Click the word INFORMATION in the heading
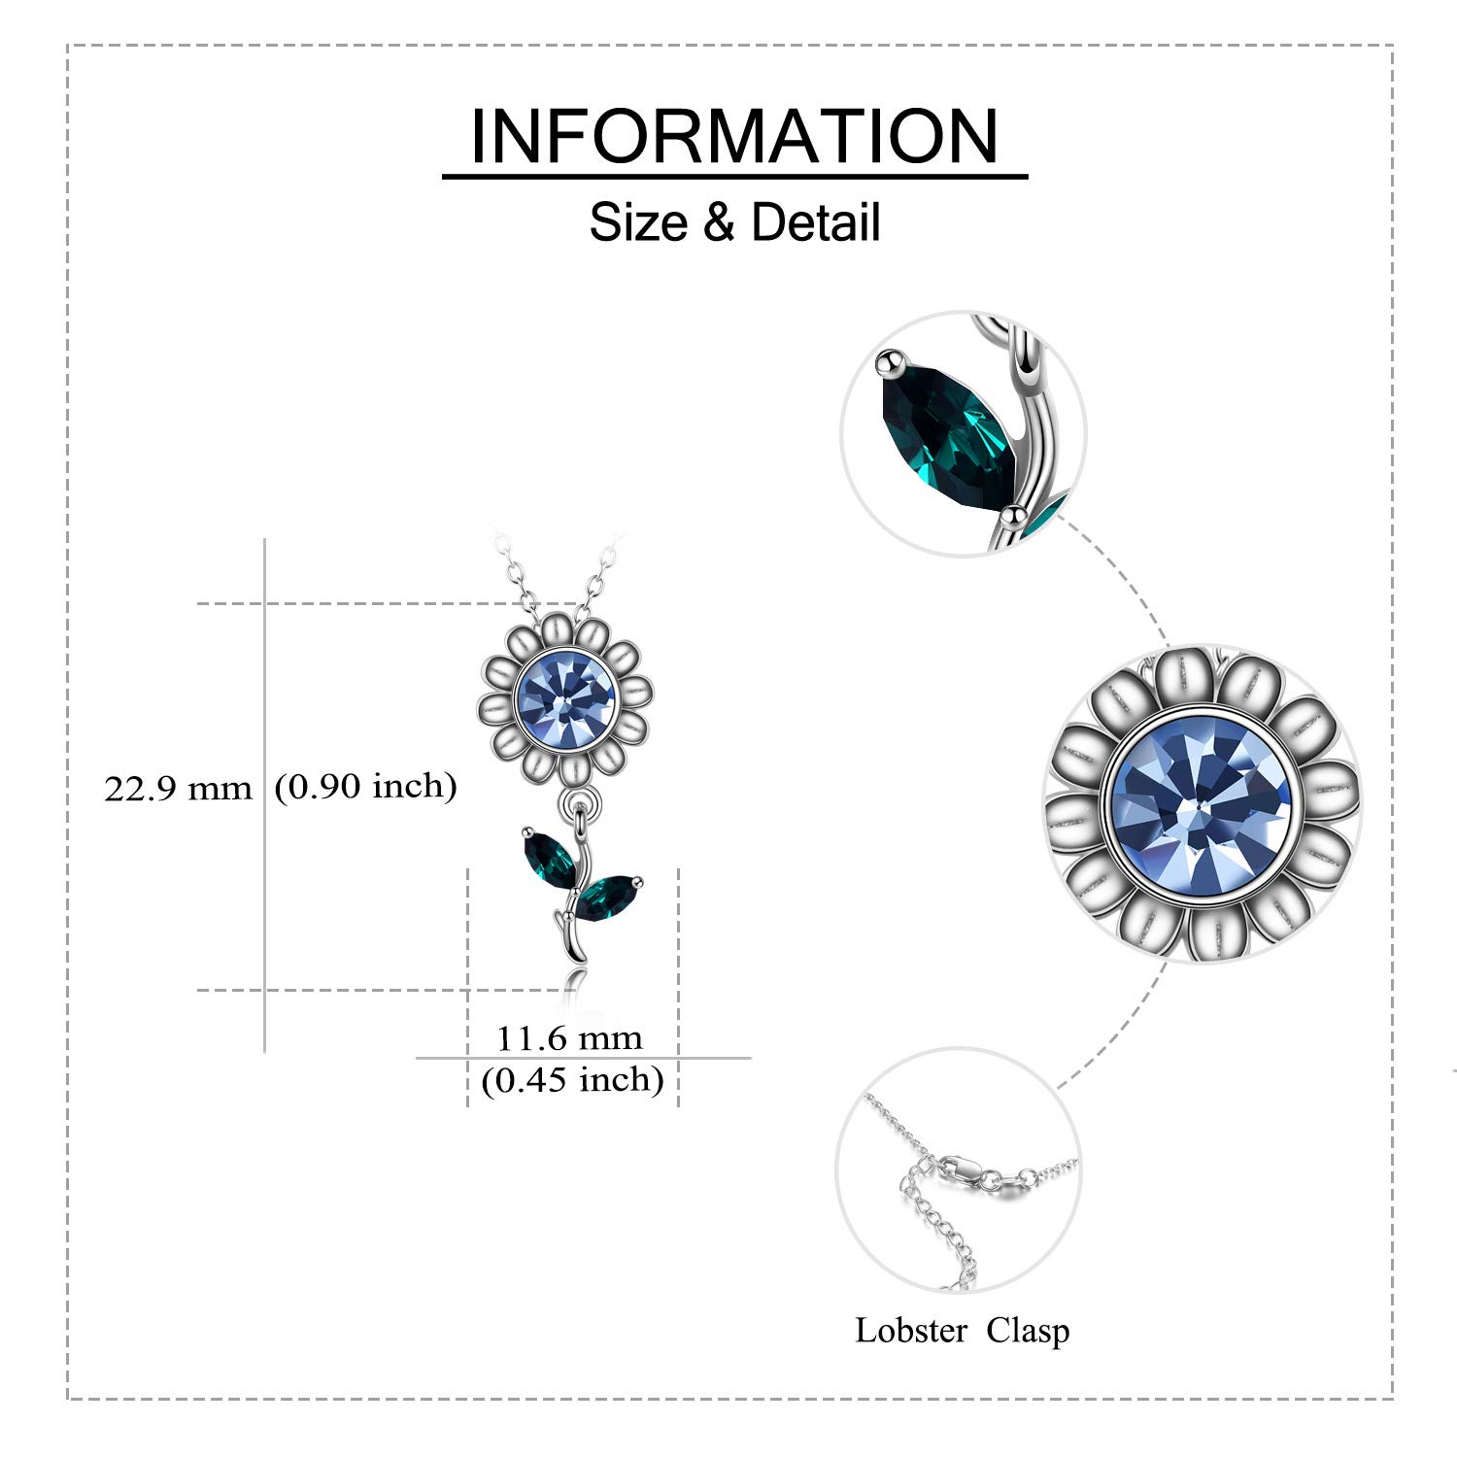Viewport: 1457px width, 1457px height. [x=734, y=136]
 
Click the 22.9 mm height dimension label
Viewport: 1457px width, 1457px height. [x=178, y=788]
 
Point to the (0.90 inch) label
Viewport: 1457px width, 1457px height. [x=366, y=786]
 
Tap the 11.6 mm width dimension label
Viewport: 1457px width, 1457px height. [x=569, y=1038]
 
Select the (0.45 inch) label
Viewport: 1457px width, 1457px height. [x=572, y=1080]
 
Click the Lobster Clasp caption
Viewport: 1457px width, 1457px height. [x=962, y=1331]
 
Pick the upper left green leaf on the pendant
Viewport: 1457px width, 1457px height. [x=551, y=859]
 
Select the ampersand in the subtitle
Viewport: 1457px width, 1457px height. [x=719, y=222]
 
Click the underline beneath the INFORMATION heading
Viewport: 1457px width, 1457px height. [x=735, y=177]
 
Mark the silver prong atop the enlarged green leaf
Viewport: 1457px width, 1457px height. [x=887, y=363]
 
